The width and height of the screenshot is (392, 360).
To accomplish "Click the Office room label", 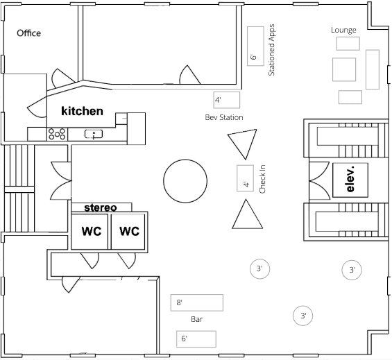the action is tap(28, 33).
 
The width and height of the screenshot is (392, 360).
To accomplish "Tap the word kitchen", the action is tap(82, 111).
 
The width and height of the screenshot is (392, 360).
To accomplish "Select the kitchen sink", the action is tap(94, 134).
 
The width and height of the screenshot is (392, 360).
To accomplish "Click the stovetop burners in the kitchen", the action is tap(58, 134).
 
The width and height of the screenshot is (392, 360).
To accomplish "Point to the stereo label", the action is tap(101, 207).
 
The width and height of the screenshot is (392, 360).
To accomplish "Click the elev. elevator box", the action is tap(350, 180).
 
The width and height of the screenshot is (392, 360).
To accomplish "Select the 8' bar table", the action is tap(197, 302).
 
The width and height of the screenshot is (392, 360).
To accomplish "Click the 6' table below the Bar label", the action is tap(196, 339).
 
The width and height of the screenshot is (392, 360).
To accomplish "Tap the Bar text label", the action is tap(197, 319).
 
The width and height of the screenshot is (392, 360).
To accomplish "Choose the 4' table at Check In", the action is tap(245, 178).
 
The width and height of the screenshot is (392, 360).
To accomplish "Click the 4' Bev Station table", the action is tap(227, 100).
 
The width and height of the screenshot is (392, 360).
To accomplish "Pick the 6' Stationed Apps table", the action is tap(255, 46).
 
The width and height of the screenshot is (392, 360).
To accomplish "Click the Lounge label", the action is tap(343, 30).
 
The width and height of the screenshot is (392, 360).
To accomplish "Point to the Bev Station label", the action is tap(224, 117).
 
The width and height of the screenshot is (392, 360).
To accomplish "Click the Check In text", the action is tap(262, 179).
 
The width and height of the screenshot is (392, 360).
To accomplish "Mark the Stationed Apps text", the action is tap(271, 50).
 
